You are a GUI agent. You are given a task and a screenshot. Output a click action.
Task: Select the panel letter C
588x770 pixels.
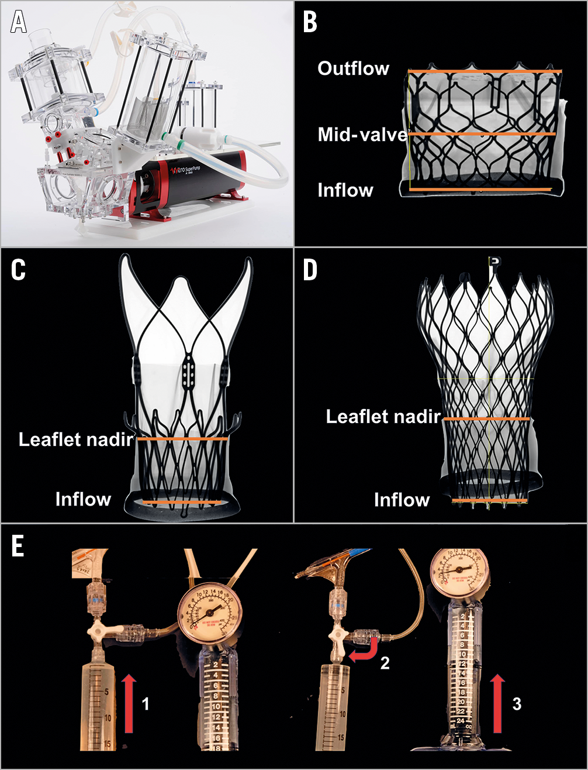(x=19, y=270)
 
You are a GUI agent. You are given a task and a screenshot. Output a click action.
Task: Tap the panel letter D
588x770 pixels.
(x=310, y=270)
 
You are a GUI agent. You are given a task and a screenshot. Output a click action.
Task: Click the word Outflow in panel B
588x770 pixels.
(x=353, y=68)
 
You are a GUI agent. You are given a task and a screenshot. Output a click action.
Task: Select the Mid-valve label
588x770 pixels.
(x=362, y=135)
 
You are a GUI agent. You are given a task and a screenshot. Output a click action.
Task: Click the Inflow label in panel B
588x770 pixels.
(x=345, y=190)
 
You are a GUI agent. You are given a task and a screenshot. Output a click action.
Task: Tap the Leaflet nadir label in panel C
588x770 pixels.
(x=77, y=439)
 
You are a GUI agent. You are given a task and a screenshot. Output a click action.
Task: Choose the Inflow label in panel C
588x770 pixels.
(x=83, y=499)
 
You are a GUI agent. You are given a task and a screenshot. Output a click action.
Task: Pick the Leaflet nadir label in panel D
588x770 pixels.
(x=383, y=417)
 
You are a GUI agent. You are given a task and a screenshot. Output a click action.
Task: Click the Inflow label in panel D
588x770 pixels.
(x=402, y=500)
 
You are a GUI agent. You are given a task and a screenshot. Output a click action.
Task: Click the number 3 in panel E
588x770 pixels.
(x=517, y=703)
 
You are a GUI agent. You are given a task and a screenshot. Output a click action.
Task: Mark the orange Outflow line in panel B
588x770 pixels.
(x=485, y=71)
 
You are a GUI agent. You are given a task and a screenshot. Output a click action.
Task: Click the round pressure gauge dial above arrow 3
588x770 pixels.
(x=458, y=570)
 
